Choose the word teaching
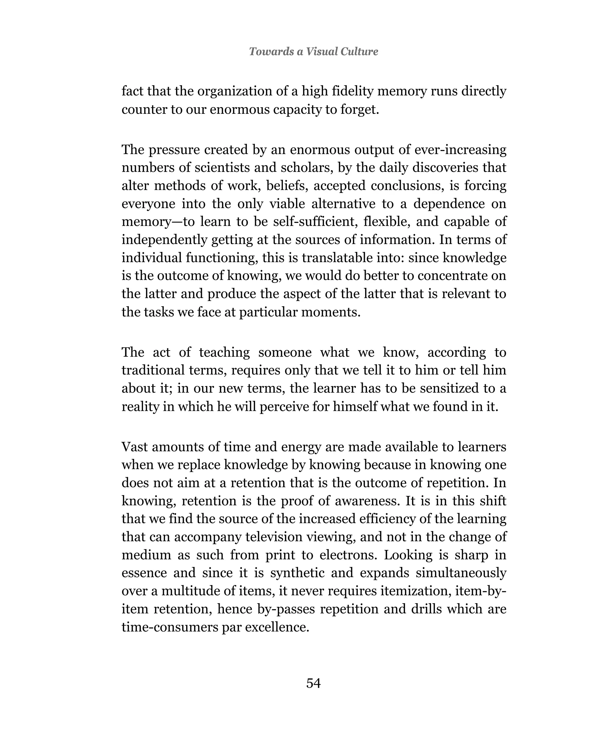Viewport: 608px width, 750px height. (224, 352)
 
